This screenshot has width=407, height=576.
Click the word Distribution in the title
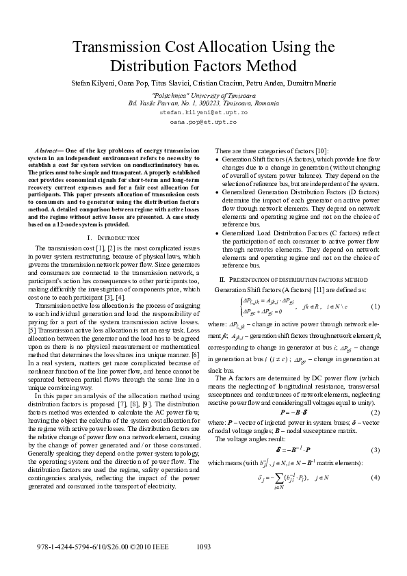[157, 67]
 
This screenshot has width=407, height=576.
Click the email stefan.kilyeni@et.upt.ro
[202, 111]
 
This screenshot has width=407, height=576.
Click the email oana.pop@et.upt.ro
[202, 121]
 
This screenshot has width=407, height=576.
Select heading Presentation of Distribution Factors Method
[302, 280]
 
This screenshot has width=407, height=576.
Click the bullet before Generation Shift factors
[218, 160]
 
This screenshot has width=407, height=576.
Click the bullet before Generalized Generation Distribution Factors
[218, 196]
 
